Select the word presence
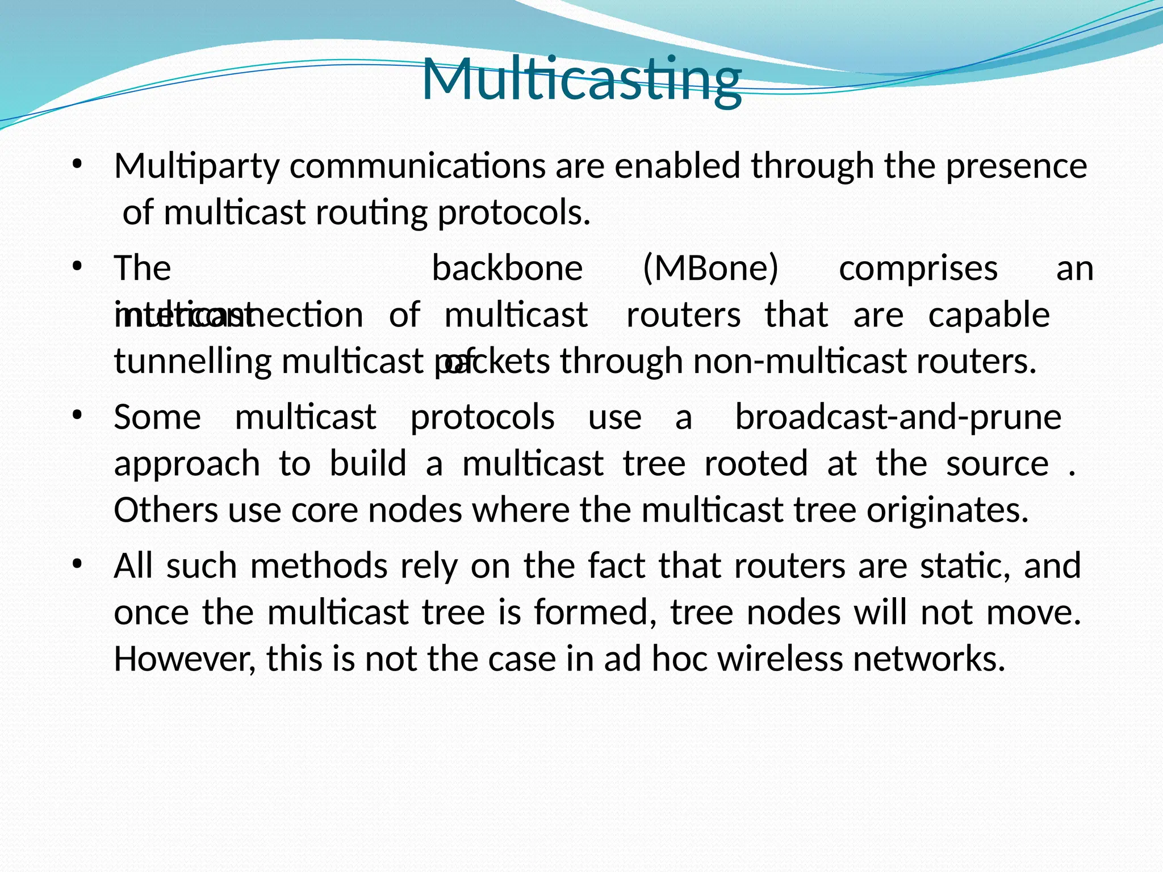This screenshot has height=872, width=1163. pyautogui.click(x=1016, y=166)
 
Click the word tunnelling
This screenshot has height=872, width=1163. pyautogui.click(x=193, y=361)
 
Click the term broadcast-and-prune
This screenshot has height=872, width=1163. pyautogui.click(x=898, y=417)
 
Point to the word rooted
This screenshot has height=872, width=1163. pyautogui.click(x=756, y=464)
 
